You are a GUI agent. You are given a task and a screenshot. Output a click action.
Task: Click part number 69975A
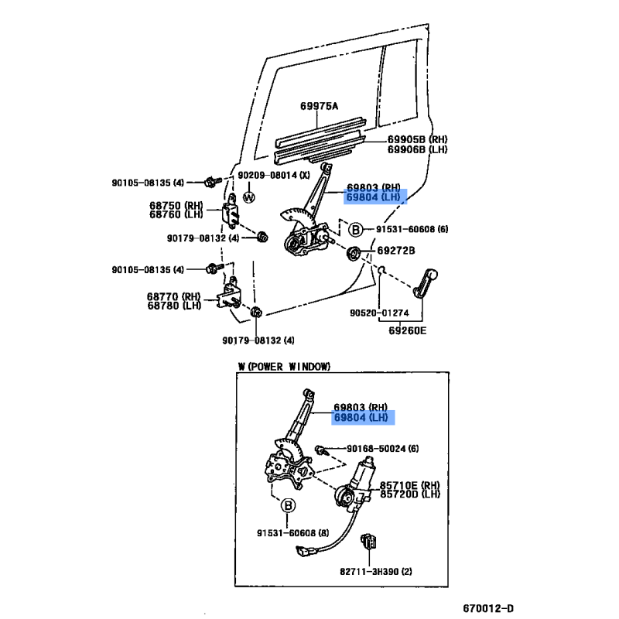(319, 106)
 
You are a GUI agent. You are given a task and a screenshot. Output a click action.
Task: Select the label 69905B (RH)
(417, 139)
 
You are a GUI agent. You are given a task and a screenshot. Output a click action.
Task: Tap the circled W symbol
(248, 197)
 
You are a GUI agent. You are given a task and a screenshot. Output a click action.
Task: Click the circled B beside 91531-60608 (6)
(356, 229)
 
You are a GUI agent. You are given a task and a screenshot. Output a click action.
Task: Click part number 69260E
(408, 330)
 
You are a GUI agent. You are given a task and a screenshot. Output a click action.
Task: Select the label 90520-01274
(379, 313)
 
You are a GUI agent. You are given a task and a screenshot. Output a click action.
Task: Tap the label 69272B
(396, 250)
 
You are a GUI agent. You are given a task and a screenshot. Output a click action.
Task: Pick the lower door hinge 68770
(230, 296)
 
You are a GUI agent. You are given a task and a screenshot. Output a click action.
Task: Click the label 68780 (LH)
(174, 306)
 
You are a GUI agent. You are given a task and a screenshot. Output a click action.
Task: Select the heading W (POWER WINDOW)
(284, 367)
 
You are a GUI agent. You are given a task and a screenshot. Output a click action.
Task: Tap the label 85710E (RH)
(410, 485)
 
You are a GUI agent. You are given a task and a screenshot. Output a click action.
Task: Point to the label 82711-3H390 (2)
(376, 571)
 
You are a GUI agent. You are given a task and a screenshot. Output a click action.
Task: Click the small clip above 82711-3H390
(368, 541)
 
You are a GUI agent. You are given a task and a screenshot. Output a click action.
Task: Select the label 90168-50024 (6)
(382, 449)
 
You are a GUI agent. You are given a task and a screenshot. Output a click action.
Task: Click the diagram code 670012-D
(488, 608)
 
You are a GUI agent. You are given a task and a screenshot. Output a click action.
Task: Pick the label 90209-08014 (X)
(274, 176)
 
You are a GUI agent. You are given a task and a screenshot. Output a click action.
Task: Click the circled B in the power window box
(288, 505)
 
